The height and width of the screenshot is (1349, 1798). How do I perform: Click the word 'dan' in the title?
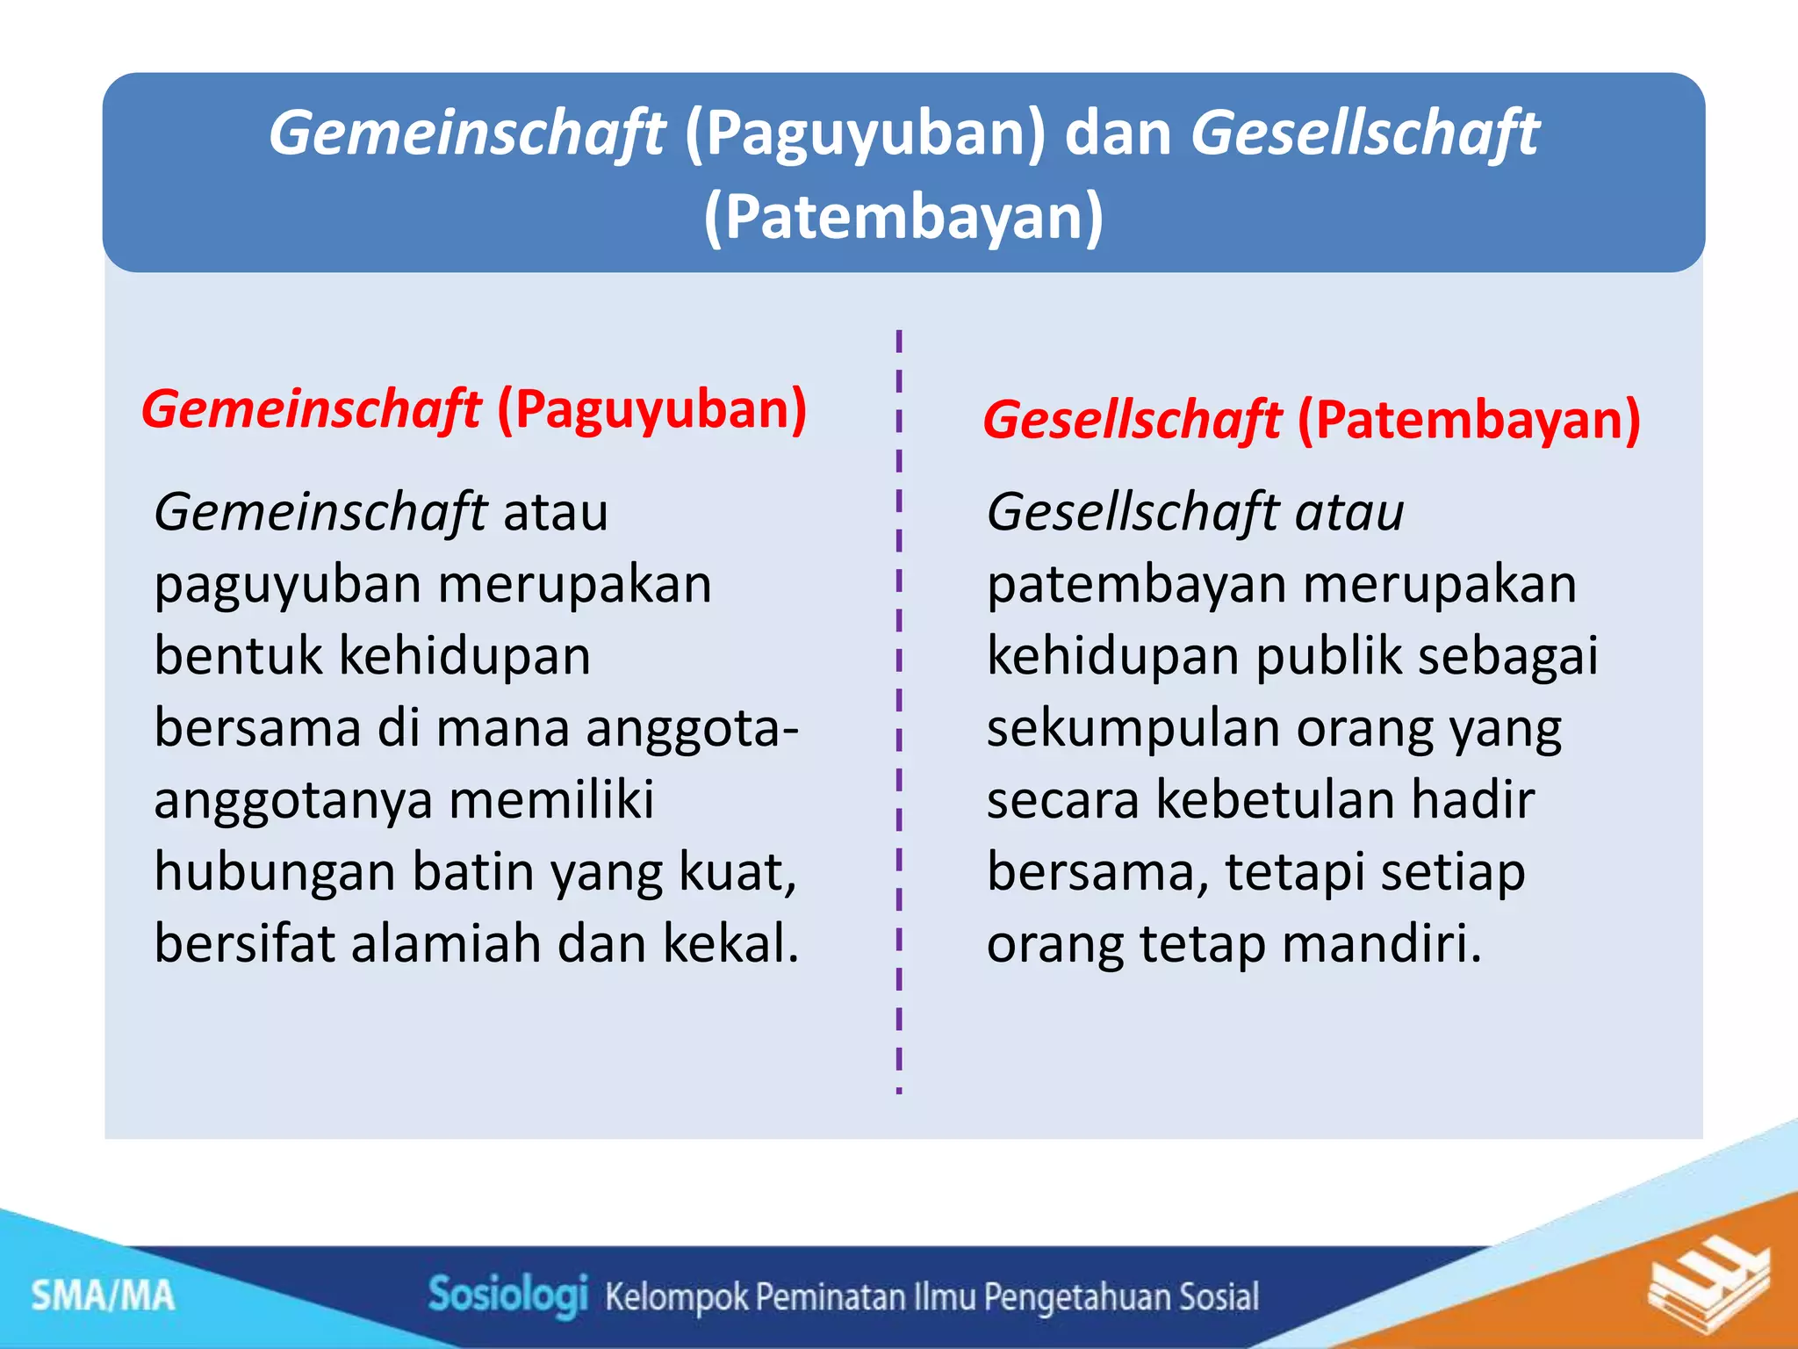click(1118, 133)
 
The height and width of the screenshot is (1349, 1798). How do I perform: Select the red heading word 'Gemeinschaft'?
click(311, 410)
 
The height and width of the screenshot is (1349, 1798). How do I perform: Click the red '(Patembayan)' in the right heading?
click(1469, 420)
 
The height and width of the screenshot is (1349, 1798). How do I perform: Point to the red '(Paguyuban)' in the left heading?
click(651, 409)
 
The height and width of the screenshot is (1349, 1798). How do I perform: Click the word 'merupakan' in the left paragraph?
click(575, 584)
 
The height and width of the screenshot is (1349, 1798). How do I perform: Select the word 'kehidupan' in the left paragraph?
click(464, 656)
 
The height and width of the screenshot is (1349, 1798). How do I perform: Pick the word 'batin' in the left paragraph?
click(472, 872)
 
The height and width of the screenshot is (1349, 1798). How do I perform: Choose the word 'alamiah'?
click(446, 944)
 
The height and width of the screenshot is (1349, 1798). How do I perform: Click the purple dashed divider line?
click(899, 703)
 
